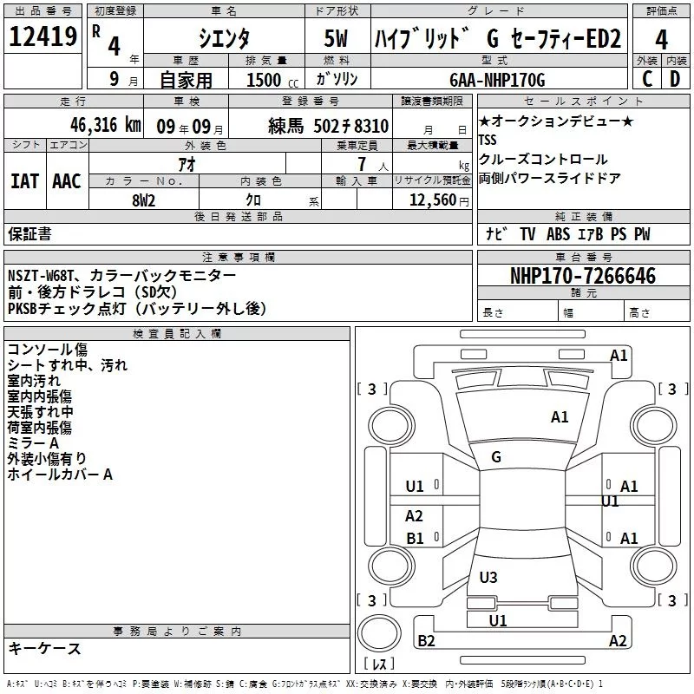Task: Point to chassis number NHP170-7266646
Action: click(582, 276)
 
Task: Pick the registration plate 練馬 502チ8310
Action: click(328, 127)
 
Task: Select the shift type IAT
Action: click(24, 180)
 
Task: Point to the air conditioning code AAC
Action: click(67, 180)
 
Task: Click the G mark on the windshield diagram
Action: click(496, 457)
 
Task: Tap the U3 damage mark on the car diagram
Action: click(488, 577)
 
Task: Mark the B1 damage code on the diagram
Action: click(416, 539)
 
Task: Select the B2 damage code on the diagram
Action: click(426, 641)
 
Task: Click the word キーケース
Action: click(44, 649)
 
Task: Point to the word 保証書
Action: click(29, 233)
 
